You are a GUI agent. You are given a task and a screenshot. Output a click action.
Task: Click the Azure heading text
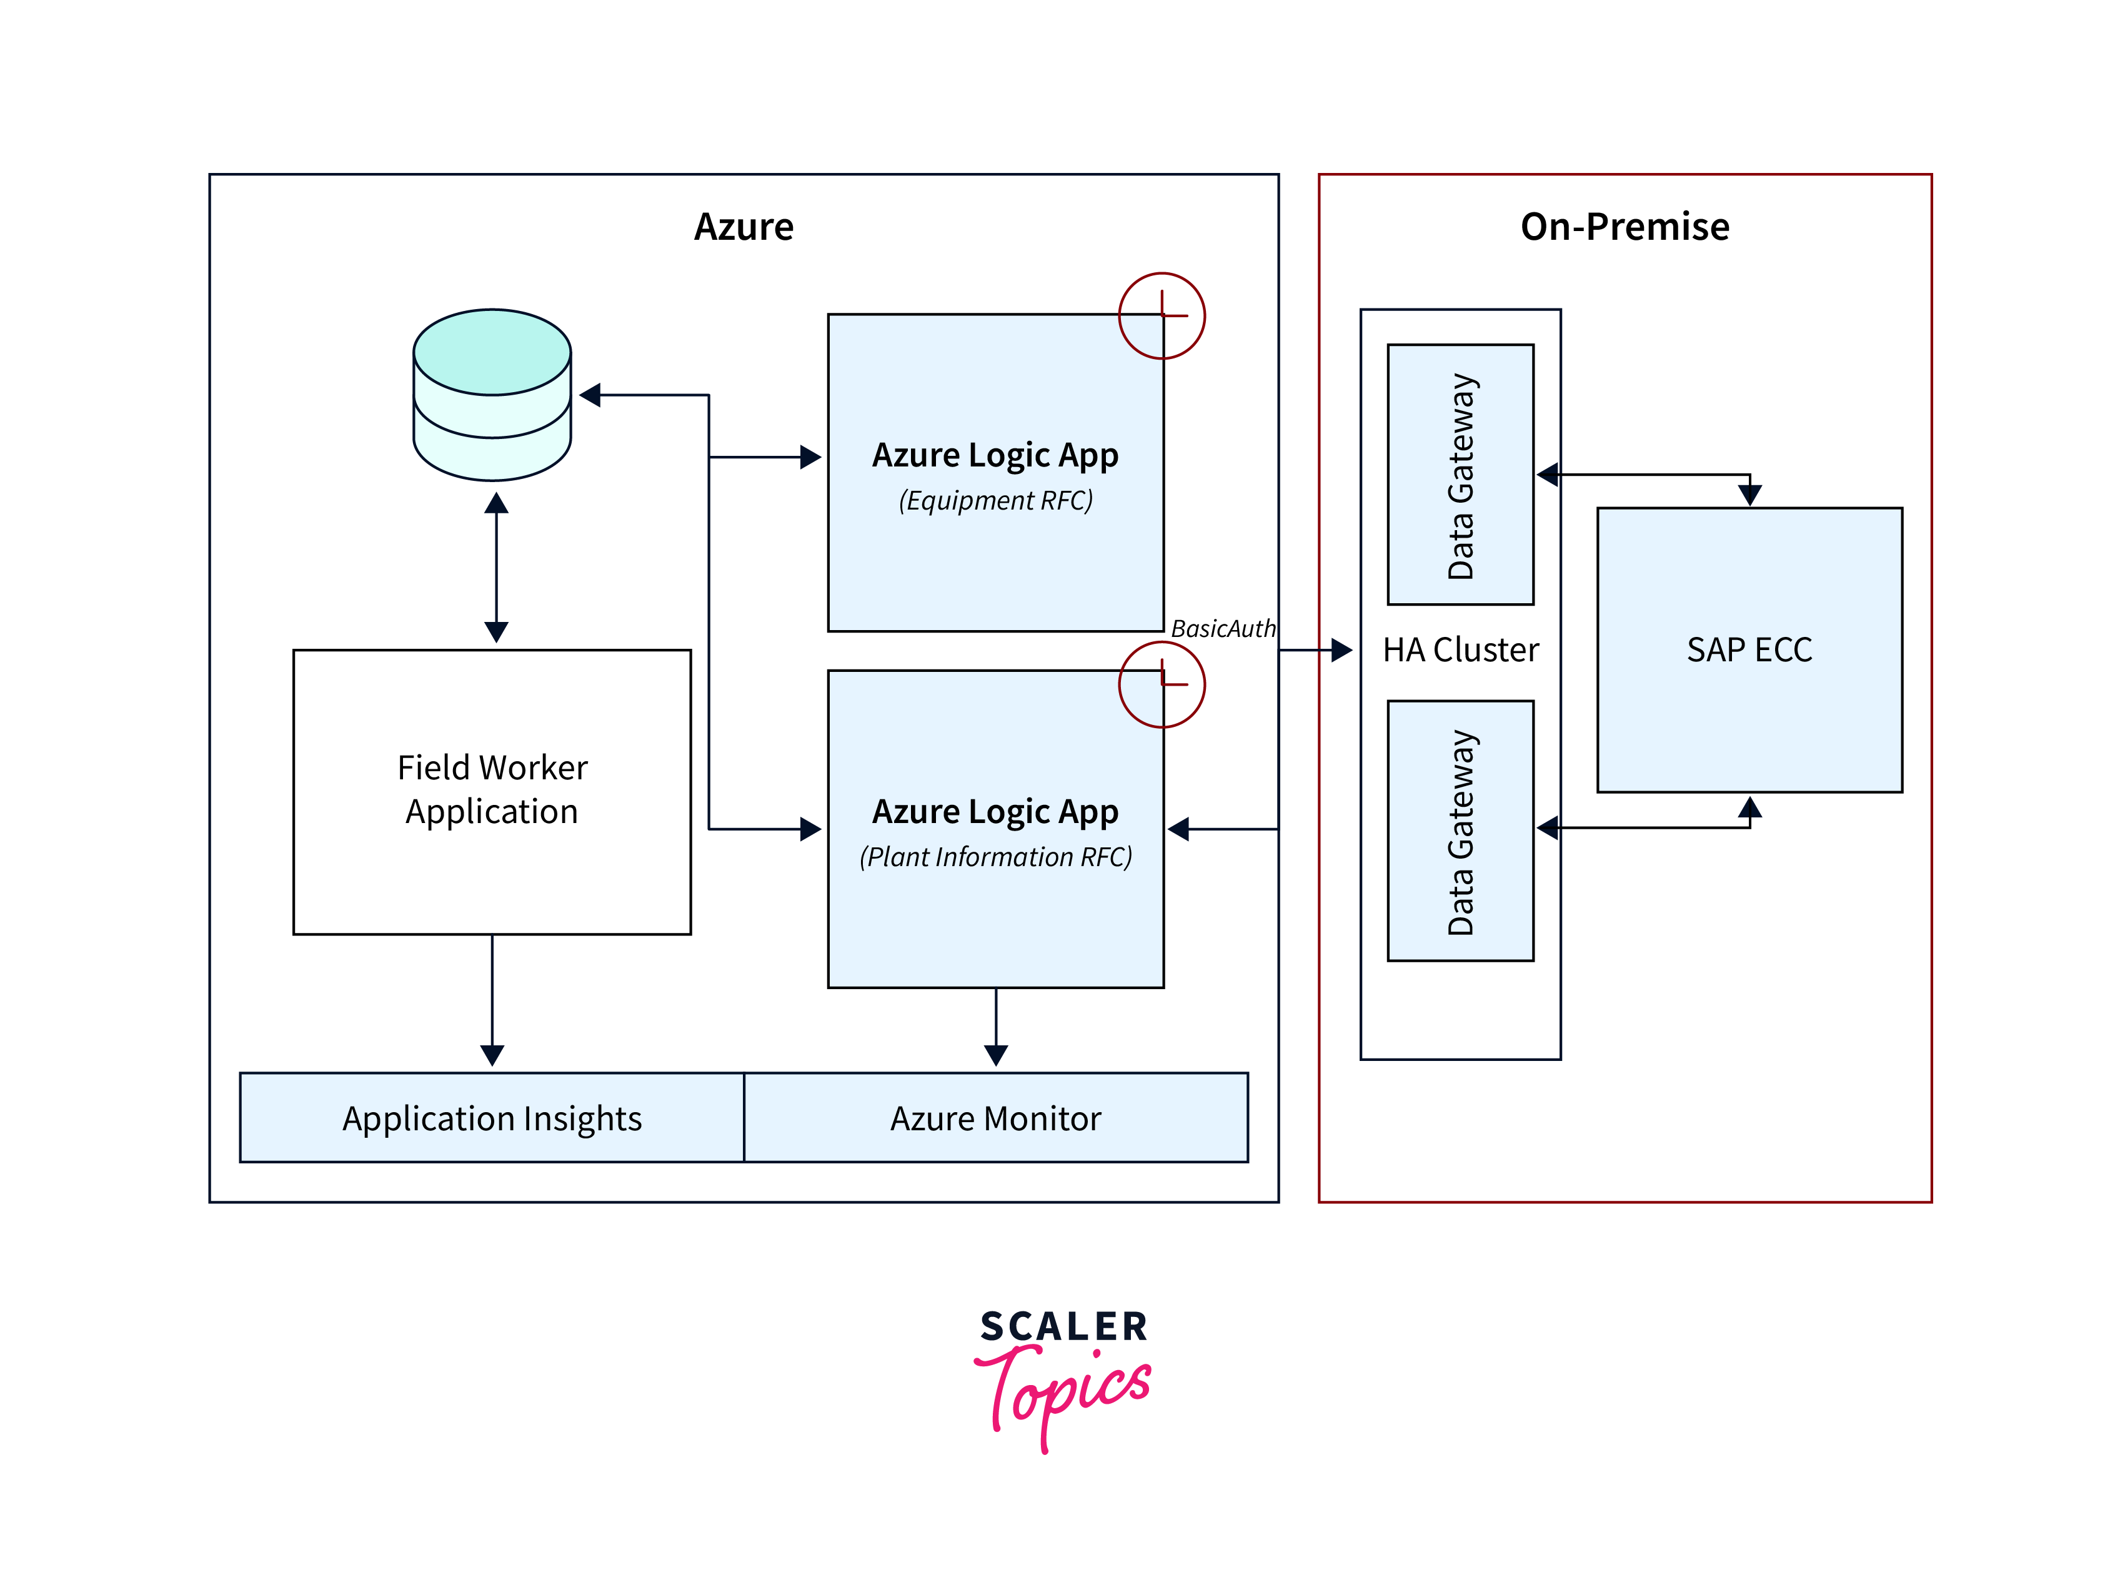coord(743,227)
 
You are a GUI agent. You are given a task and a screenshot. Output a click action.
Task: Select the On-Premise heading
coord(1624,227)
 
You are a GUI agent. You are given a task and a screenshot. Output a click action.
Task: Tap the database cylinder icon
coord(492,394)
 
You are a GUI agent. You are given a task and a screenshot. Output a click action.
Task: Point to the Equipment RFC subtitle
coord(995,500)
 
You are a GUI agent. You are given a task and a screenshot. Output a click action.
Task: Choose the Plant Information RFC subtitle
coord(995,857)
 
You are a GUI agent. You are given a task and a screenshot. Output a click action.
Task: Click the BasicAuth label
coord(1222,629)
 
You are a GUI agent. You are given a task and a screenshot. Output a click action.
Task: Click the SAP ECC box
coord(1748,649)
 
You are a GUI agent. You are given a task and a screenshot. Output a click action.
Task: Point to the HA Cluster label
coord(1460,649)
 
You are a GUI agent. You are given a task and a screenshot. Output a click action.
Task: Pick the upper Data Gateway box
coord(1460,475)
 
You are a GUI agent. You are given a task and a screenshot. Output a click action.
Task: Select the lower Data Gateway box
coord(1460,830)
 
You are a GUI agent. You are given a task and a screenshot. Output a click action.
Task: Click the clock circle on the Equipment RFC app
coord(1161,315)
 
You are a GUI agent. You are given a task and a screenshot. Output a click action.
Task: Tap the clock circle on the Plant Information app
coord(1161,684)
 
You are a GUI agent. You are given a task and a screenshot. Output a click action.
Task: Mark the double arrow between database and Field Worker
coord(495,567)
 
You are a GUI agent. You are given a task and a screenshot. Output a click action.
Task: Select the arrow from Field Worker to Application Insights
coord(492,1002)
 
